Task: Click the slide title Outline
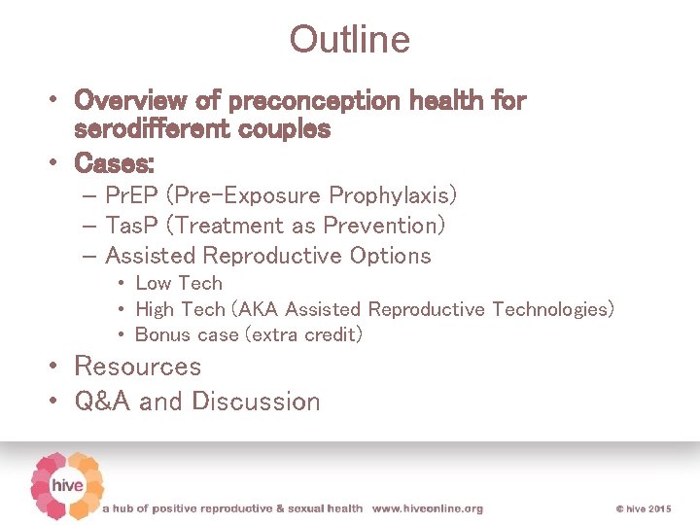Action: pyautogui.click(x=349, y=40)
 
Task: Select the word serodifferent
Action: pyautogui.click(x=155, y=129)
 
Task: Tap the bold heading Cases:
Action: pyautogui.click(x=115, y=162)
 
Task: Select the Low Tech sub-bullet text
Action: pyautogui.click(x=179, y=283)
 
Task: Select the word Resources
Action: pyautogui.click(x=138, y=367)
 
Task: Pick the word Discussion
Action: pyautogui.click(x=256, y=402)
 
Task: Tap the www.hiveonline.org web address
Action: pyautogui.click(x=427, y=508)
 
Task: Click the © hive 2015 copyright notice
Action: pyautogui.click(x=643, y=508)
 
